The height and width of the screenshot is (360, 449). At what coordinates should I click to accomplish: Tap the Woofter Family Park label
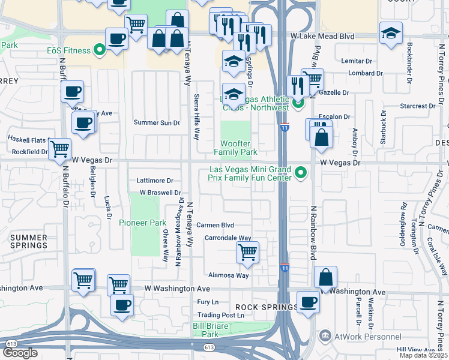pos(239,148)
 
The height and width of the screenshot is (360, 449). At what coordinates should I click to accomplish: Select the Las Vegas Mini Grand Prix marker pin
pos(301,174)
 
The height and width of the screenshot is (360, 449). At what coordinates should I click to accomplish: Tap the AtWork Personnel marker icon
pos(325,334)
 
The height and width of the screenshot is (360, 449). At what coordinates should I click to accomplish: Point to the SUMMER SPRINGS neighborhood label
pos(28,242)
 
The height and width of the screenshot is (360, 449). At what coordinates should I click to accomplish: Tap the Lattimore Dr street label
pos(155,181)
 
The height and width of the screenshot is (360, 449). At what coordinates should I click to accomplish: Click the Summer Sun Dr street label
pos(156,122)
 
